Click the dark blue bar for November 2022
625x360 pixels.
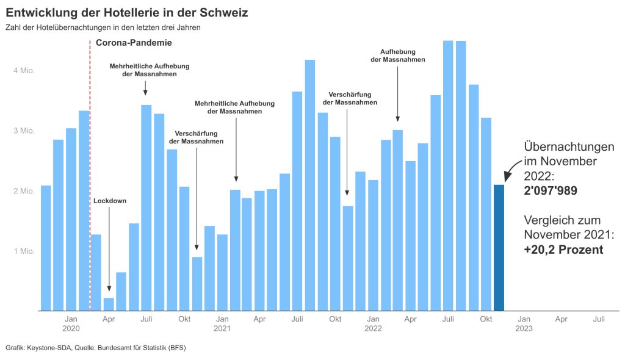[499, 248]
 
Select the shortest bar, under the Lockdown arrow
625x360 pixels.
[109, 304]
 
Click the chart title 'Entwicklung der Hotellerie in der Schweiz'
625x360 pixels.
[126, 12]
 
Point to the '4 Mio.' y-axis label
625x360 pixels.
[24, 71]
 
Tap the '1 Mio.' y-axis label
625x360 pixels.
[24, 251]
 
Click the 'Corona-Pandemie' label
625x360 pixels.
[134, 43]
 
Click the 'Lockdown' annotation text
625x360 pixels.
[110, 201]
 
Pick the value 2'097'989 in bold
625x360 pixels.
[551, 191]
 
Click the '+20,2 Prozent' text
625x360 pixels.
[563, 250]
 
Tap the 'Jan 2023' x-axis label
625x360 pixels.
[524, 323]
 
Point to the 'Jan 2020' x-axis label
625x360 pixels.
[71, 323]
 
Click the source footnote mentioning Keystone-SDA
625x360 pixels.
[96, 348]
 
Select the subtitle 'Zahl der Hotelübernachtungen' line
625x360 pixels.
[103, 27]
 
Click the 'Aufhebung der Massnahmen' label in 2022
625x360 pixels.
[398, 56]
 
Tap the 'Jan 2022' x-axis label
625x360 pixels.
[373, 323]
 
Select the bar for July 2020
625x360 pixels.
[146, 207]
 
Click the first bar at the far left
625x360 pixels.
[46, 248]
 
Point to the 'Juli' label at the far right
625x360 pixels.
[599, 319]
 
